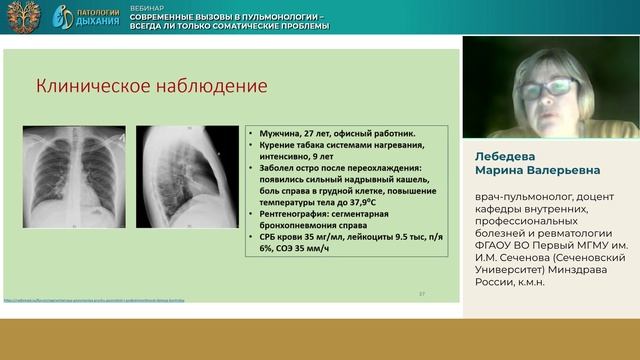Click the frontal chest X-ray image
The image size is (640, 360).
pyautogui.click(x=75, y=175)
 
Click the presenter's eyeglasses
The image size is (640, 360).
pyautogui.click(x=545, y=89)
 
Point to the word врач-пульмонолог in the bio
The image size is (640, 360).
pyautogui.click(x=515, y=199)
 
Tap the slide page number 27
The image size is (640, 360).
pyautogui.click(x=422, y=293)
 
